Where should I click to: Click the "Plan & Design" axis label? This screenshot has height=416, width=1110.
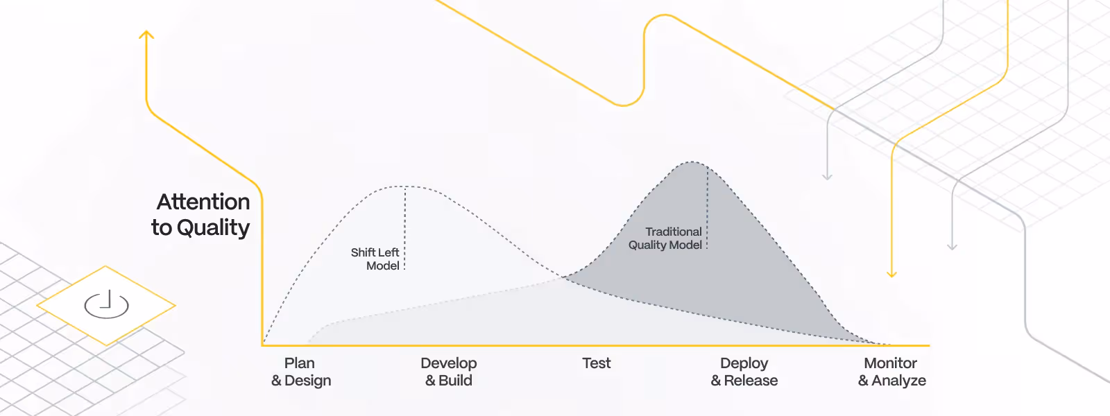(301, 372)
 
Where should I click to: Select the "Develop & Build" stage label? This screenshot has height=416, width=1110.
(449, 372)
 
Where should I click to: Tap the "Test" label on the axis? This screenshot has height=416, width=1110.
(597, 363)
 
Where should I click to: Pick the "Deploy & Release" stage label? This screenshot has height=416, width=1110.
(744, 372)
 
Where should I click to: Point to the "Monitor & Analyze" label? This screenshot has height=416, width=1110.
(891, 372)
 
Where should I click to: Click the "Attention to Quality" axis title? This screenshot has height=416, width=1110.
(201, 214)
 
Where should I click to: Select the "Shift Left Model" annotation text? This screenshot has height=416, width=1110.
(375, 259)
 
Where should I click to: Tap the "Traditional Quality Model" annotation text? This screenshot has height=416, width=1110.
(666, 238)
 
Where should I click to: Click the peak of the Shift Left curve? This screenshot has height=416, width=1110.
(406, 186)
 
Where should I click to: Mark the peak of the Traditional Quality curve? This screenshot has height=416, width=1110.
(692, 162)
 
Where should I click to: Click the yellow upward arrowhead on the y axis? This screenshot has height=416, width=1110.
(146, 34)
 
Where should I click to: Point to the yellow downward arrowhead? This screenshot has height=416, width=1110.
(892, 274)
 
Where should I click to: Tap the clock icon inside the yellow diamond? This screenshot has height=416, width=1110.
(106, 304)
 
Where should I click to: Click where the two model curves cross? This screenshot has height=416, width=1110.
(564, 277)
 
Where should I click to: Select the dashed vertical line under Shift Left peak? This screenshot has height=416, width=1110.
(405, 229)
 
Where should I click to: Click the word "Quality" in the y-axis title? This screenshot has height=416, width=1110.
(213, 227)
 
